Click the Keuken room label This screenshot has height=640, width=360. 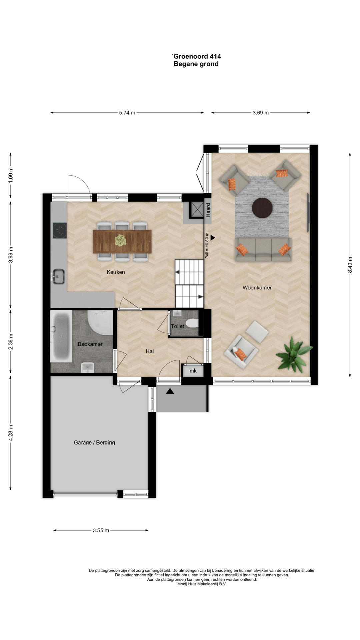click(116, 272)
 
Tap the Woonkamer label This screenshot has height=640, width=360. click(257, 288)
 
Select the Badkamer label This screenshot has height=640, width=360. click(90, 344)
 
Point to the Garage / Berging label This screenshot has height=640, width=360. click(94, 443)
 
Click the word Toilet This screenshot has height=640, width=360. click(177, 326)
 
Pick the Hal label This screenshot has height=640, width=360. click(150, 351)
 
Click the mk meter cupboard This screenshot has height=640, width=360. click(193, 371)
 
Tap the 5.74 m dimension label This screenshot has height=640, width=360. click(127, 113)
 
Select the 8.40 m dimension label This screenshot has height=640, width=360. click(350, 265)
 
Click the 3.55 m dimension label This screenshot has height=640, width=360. click(101, 530)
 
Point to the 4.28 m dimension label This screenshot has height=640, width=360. click(11, 433)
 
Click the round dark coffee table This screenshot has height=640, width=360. click(262, 208)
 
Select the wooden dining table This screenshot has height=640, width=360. click(122, 241)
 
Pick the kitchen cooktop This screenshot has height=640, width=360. click(60, 230)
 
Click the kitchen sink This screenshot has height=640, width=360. click(58, 276)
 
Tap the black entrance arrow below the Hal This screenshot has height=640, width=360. click(170, 391)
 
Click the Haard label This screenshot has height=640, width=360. click(208, 210)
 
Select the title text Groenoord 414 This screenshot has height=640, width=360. click(196, 56)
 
